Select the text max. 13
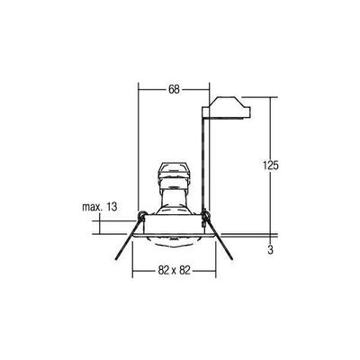coord(100,208)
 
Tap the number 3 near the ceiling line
coord(270,248)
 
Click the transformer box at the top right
coord(229,111)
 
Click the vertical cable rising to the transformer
coord(208,162)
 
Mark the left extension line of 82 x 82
coord(132,261)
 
